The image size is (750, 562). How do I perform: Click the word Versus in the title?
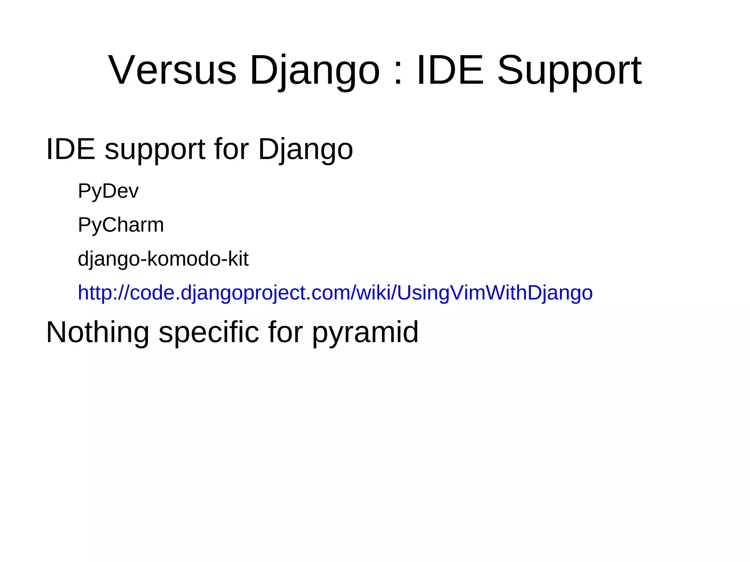[172, 70]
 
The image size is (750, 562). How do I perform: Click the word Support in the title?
[569, 70]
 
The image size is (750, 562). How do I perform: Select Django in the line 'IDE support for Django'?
[305, 149]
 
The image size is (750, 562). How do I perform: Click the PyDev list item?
[108, 191]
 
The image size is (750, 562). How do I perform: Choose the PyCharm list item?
[121, 225]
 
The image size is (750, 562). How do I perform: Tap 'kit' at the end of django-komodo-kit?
[238, 259]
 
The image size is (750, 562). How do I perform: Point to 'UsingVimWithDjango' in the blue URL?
[494, 293]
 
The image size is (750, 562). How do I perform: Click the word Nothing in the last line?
[97, 332]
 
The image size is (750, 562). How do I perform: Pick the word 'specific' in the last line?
[208, 332]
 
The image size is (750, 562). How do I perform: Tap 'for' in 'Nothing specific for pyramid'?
[285, 332]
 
